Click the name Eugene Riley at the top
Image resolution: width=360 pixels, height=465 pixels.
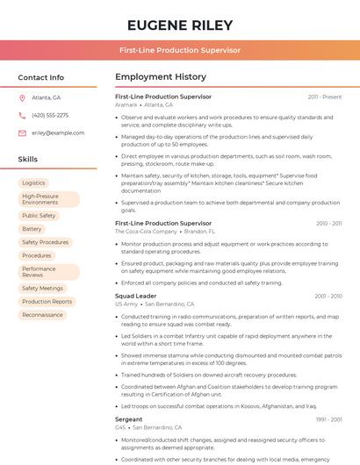coord(180,25)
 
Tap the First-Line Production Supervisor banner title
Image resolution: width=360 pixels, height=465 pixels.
coord(180,50)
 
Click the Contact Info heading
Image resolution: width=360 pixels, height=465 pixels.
coord(41,77)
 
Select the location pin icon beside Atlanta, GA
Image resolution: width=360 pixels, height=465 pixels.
coord(22,97)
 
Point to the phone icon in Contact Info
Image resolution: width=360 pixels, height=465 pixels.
coord(22,115)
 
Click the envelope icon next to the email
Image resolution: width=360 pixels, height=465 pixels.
coord(22,132)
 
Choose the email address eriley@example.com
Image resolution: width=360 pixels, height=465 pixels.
coord(58,132)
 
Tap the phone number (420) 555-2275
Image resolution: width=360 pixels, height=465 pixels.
coord(50,115)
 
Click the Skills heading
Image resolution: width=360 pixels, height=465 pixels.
coord(28,159)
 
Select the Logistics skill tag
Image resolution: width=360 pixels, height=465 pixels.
coord(33,182)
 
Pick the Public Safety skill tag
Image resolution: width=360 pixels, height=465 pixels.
coord(39,215)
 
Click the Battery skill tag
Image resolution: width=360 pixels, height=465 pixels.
coord(32,228)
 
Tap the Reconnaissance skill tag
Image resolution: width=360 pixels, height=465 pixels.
coord(43,314)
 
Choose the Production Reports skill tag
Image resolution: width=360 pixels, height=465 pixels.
coord(47,301)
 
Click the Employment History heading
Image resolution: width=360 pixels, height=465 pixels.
coord(161,77)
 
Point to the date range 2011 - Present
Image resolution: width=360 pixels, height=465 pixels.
coord(324,97)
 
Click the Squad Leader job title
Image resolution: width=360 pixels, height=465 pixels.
coord(135,296)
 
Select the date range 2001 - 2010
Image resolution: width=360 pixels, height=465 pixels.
coord(328,296)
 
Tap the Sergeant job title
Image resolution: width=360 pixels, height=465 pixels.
coord(128,419)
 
